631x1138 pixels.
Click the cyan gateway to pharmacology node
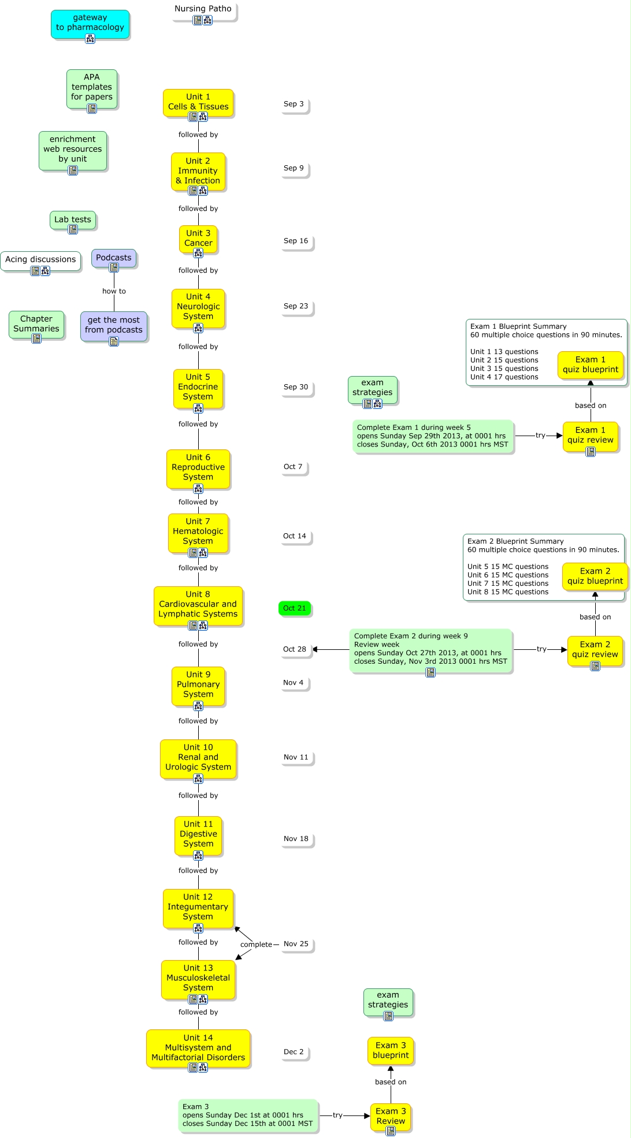90,23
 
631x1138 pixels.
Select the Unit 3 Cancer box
198,238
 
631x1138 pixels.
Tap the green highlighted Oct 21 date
295,608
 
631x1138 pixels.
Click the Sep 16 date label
296,241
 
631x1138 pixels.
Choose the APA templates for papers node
92,87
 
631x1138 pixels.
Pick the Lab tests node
73,220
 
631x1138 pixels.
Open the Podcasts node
114,258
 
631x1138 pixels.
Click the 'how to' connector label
114,291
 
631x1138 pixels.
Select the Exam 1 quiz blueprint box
591,365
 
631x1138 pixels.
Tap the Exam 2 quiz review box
595,649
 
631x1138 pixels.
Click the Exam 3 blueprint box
391,1050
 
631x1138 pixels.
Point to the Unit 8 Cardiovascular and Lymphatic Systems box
198,604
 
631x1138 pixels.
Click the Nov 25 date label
296,944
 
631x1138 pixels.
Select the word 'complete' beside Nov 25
256,944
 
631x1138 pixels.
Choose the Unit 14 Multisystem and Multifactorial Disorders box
198,1048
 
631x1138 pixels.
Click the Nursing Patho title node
203,9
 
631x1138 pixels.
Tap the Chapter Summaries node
36,323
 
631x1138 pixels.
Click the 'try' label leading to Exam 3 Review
337,1115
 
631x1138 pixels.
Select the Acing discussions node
40,259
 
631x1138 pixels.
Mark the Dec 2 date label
294,1052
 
